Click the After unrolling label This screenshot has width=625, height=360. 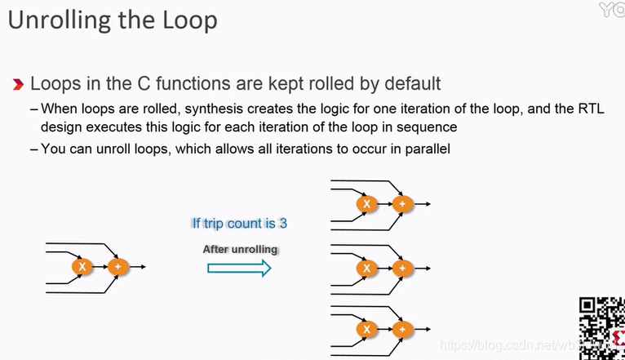click(240, 249)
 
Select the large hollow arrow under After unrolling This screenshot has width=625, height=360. click(238, 269)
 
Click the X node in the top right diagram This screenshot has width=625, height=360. click(366, 204)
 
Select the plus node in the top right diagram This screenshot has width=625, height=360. click(401, 204)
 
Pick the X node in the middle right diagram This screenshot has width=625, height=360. click(366, 267)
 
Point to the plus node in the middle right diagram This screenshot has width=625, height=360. click(401, 267)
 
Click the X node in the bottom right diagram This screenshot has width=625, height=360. click(366, 329)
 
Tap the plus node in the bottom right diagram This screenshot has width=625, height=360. click(401, 329)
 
